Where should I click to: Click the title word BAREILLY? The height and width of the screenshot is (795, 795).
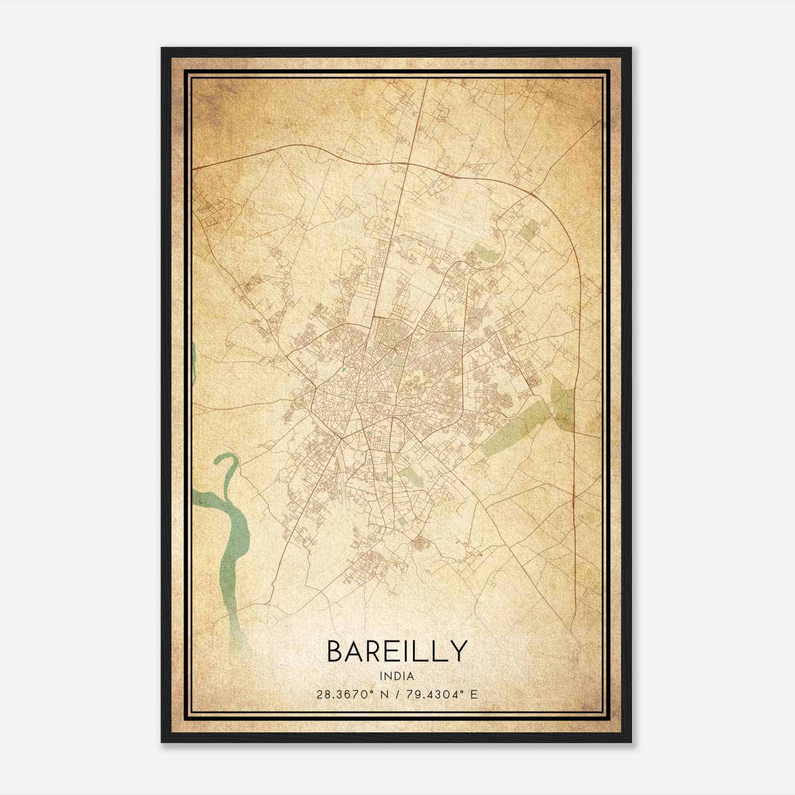397,651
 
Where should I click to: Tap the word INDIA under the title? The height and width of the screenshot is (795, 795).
397,676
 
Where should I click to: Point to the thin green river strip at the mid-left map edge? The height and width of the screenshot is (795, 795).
193,363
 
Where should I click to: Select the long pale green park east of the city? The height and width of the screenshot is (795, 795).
514,427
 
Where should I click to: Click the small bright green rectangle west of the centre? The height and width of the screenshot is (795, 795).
343,370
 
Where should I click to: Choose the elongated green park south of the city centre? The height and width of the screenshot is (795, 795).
412,476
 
